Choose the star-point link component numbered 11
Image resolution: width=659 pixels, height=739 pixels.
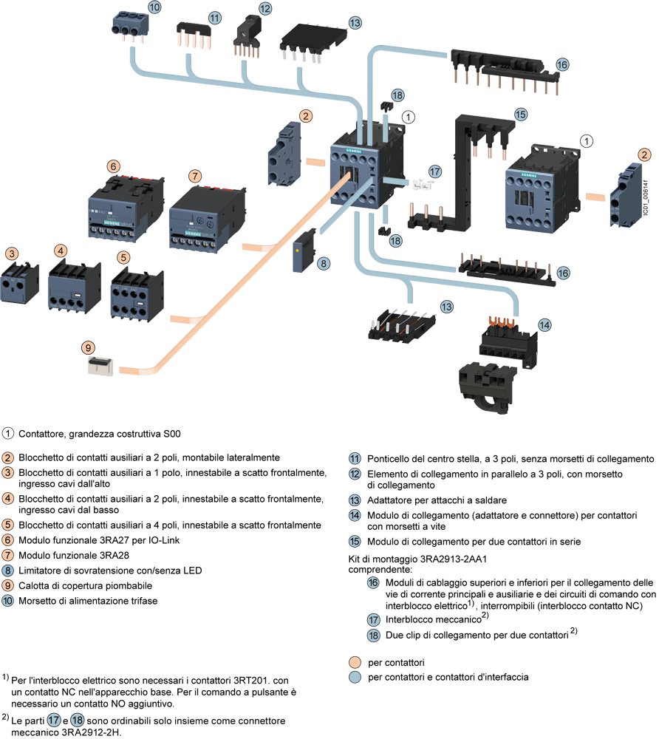(191, 34)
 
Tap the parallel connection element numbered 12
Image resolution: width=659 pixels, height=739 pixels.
(245, 35)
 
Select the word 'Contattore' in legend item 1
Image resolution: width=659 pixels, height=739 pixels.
(40, 432)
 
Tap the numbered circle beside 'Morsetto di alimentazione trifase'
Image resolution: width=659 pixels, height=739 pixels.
(7, 601)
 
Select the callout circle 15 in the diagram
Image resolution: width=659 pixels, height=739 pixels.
(520, 115)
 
